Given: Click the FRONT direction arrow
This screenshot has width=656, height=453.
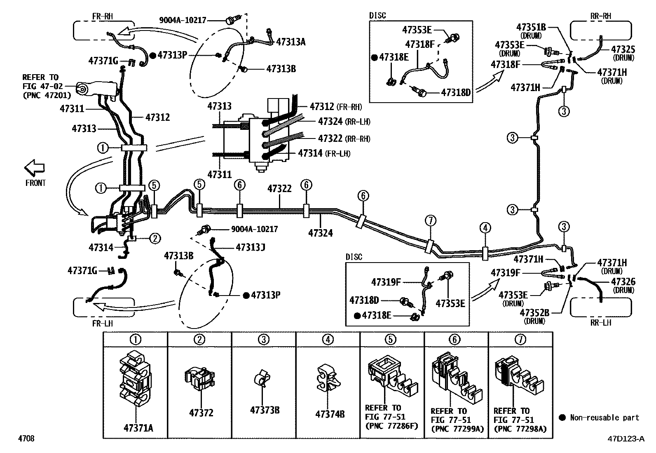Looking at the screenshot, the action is pos(34,168).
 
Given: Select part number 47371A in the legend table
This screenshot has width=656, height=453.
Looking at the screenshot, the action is pos(138,428).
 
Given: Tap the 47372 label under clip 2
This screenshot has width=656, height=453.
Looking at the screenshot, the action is pos(201,413).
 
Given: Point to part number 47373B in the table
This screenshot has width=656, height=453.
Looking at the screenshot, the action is pos(265,410).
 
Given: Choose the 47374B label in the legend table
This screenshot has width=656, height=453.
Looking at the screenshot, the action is pos(330,414).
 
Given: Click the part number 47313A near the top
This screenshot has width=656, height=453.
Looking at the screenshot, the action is pos(291,42).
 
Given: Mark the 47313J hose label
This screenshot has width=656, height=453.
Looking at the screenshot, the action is pos(251,247).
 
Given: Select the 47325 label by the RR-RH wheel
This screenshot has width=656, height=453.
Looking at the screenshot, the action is pos(623,49).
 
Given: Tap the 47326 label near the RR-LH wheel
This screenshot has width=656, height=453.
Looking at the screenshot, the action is pos(623,282).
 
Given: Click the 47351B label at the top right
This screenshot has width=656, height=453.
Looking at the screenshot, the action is pos(531,27).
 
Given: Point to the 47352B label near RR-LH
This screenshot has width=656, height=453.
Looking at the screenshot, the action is pos(534,312).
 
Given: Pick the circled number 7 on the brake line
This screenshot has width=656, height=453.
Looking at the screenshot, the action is pos(431,221).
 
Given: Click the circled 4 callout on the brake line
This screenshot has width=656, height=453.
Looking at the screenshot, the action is pos(485,228).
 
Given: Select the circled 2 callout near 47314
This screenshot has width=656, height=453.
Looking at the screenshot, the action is pos(155,238).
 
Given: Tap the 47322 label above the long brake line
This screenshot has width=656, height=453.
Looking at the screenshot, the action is pos(279,189).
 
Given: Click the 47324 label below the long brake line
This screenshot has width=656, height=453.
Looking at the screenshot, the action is pos(321,233).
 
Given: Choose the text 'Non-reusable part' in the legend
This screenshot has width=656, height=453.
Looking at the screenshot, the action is pos(604,418).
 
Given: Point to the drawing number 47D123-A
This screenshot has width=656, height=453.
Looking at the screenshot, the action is pos(626,439).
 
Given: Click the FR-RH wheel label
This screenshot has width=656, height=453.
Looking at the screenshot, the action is pos(103,16).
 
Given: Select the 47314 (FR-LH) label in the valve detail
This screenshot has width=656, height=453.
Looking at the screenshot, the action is pos(324,153).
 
